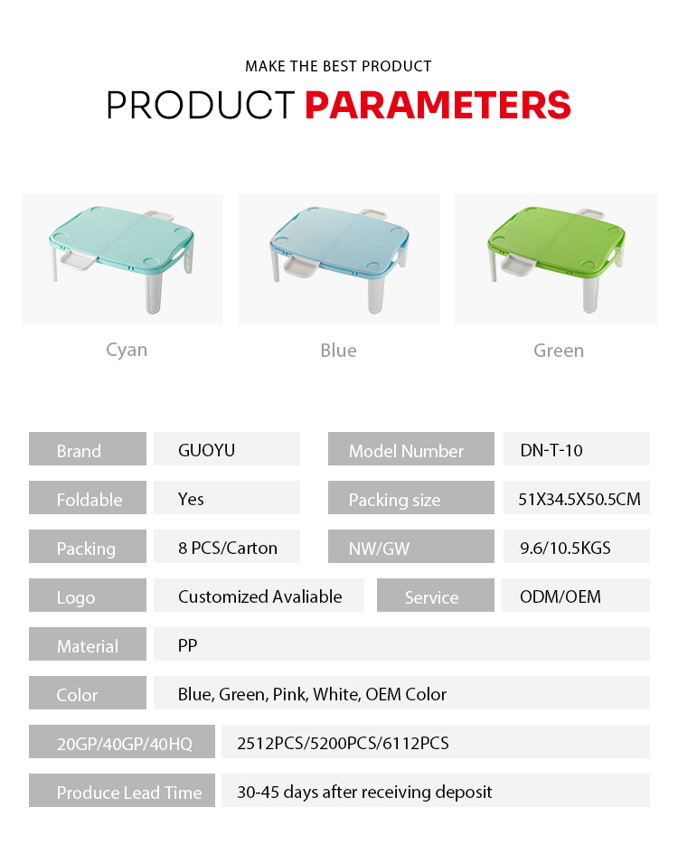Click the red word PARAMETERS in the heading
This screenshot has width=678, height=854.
point(438,105)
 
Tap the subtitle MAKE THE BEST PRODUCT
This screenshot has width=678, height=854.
point(338,67)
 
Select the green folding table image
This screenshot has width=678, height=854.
point(556,259)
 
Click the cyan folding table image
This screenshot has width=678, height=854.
point(123,259)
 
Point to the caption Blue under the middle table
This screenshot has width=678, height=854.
point(338,351)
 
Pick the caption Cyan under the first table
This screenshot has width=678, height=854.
point(127,351)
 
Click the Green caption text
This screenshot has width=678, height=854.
point(559,351)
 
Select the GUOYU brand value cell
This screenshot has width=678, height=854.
point(227,449)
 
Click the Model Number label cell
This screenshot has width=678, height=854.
point(411,449)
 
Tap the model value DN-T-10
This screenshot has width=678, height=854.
point(551,450)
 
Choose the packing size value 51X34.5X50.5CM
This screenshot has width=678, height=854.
point(579,499)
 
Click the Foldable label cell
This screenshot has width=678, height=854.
point(88,497)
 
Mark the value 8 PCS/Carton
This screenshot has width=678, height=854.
point(228,548)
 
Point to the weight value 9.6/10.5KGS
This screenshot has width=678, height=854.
point(565,548)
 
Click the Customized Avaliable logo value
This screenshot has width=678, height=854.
point(260,596)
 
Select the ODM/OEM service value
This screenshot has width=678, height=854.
point(560,596)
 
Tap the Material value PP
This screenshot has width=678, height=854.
point(187,645)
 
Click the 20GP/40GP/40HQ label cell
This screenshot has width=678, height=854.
point(122,741)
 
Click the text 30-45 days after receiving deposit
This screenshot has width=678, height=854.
point(364,792)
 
